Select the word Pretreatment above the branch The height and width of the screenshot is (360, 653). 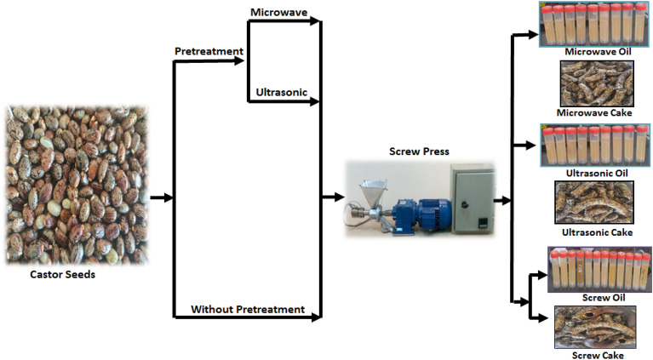click(209, 51)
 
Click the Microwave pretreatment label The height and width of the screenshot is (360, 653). click(278, 12)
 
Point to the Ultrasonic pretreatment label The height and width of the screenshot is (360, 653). click(281, 91)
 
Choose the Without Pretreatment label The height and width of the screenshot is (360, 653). click(248, 309)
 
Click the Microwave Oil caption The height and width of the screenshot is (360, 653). click(599, 52)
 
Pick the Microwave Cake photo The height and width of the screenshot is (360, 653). click(596, 83)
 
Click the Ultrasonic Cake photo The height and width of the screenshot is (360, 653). click(596, 203)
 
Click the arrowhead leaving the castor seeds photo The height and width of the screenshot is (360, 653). click(169, 197)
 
